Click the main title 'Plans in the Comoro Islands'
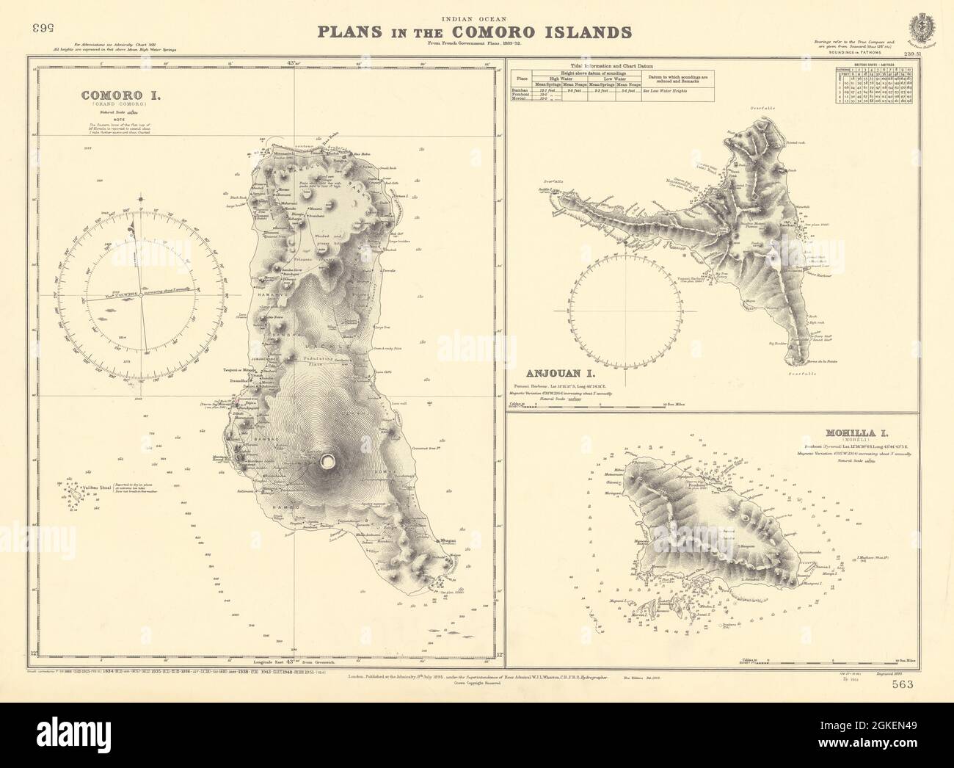473,32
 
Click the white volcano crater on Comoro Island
329,460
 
